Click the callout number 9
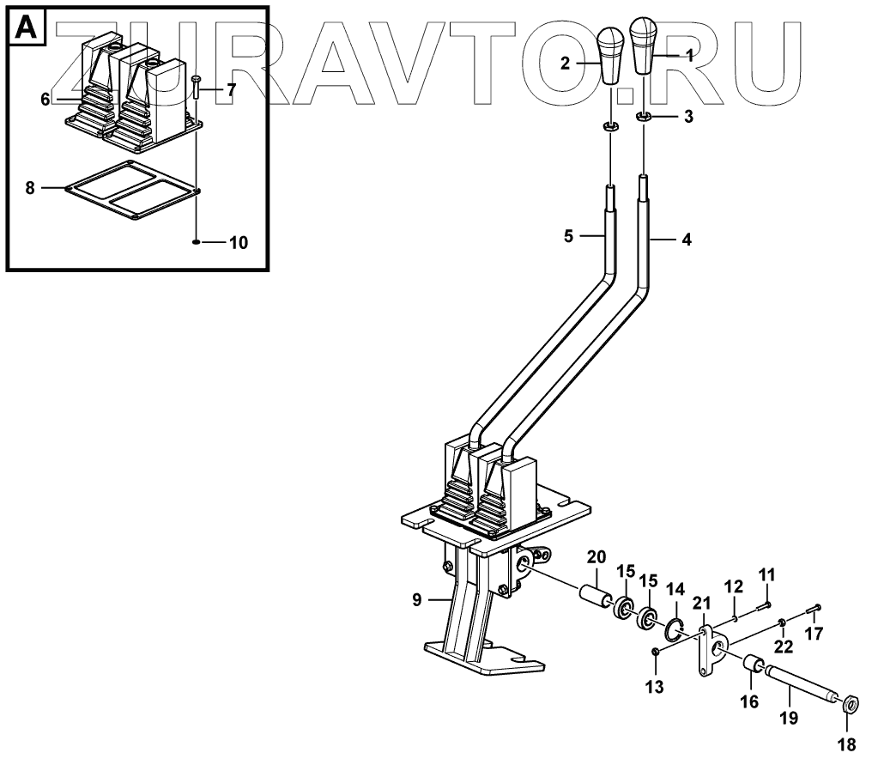point(416,601)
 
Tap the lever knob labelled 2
point(610,57)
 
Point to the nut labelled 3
point(644,116)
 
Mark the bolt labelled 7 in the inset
point(197,88)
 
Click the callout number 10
point(237,243)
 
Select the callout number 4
point(686,240)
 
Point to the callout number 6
point(45,99)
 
